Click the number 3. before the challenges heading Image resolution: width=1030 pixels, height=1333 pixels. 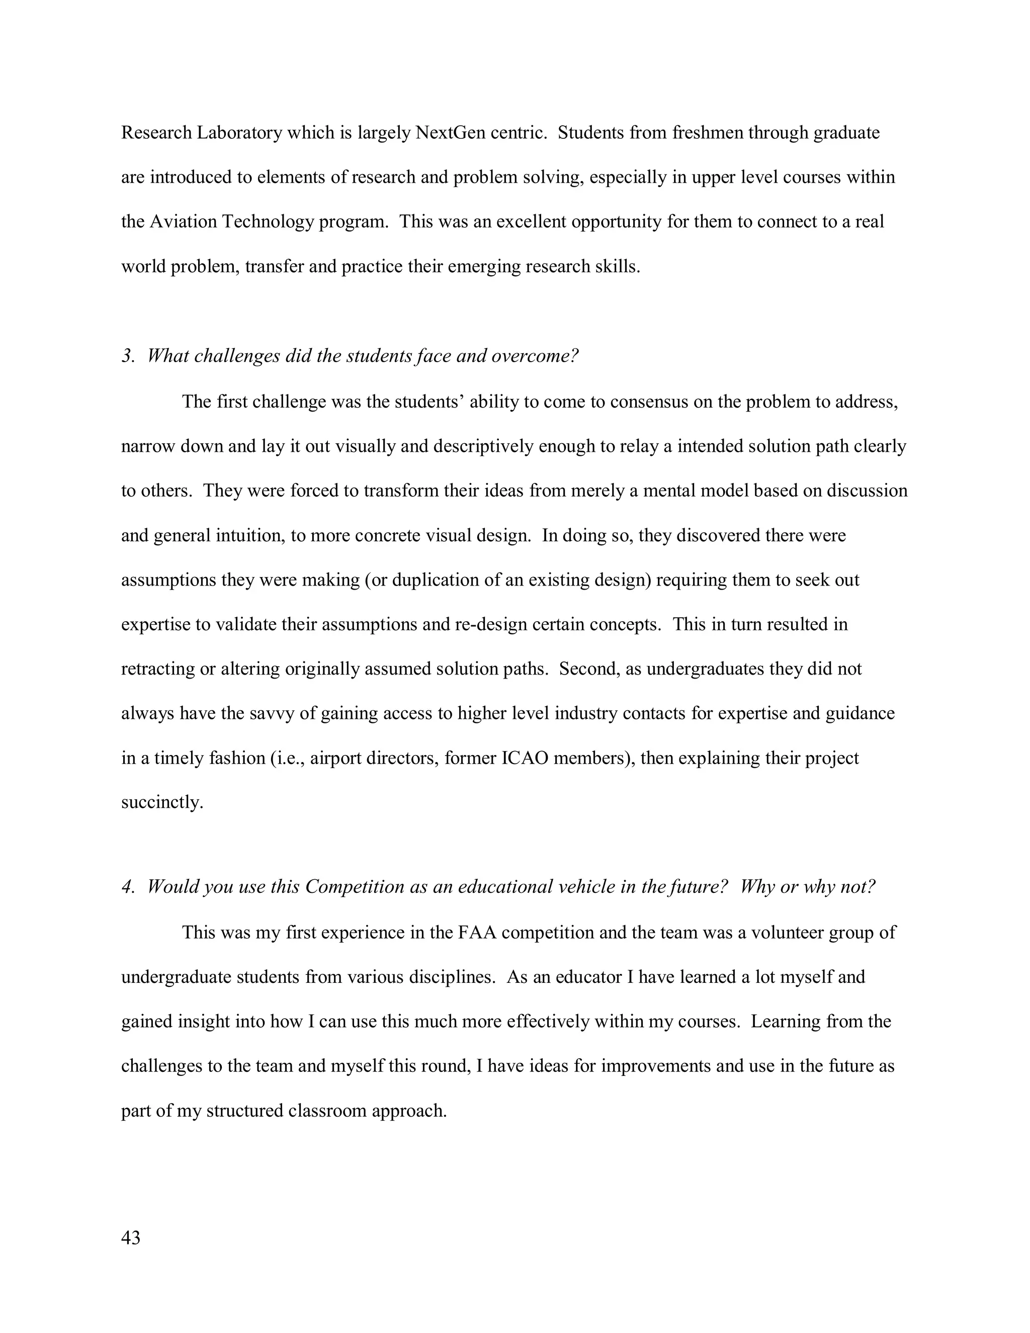128,356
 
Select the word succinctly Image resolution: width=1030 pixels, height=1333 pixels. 162,803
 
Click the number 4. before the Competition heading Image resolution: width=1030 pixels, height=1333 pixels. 128,887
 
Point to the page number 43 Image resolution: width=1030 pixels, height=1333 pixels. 131,1238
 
